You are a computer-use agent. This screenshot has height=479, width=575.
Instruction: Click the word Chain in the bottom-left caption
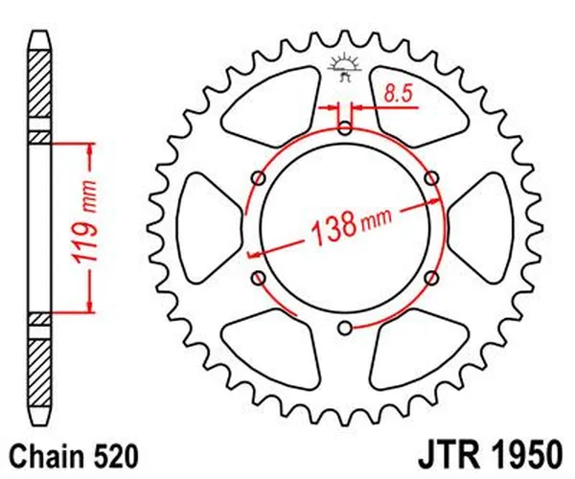(44, 450)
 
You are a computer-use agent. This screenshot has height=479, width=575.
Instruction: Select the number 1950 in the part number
(525, 450)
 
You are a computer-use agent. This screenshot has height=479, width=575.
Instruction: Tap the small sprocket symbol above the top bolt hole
(343, 65)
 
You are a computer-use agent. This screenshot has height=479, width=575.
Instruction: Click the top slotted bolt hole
(344, 127)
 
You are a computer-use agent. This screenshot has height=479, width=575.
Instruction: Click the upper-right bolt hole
(431, 178)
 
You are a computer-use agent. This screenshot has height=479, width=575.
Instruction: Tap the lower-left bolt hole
(257, 278)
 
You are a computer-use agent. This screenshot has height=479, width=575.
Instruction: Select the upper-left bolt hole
(257, 178)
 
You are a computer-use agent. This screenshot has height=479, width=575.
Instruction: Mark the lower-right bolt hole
(431, 278)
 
